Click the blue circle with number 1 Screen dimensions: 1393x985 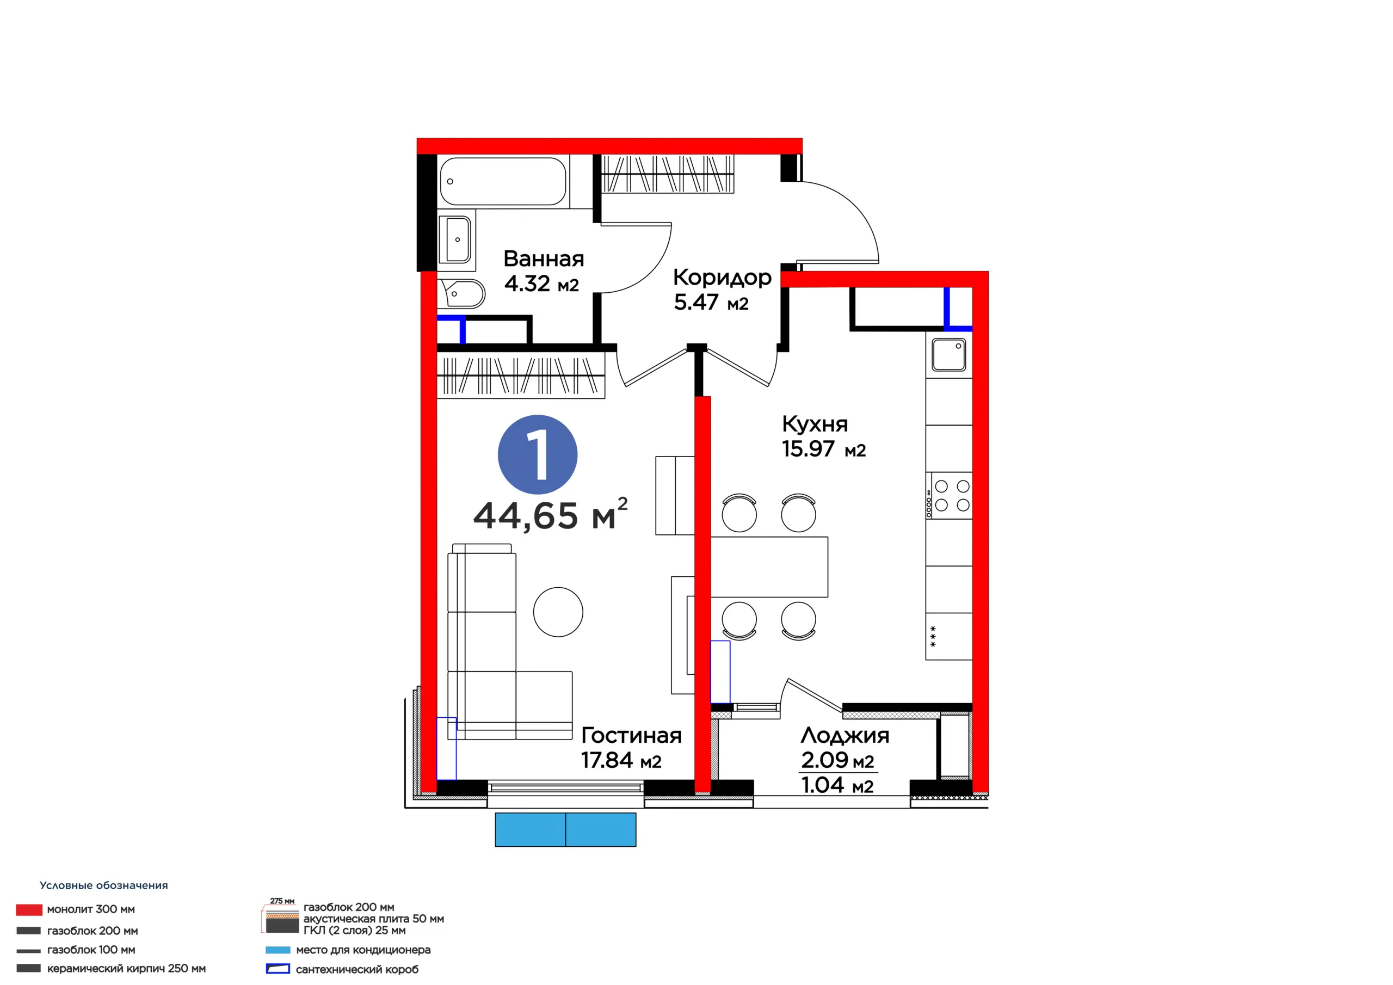tap(538, 454)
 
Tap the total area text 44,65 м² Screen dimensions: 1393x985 tap(550, 514)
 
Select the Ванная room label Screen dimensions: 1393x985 tap(544, 259)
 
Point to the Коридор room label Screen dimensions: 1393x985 tap(722, 278)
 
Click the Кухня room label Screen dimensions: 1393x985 tap(815, 423)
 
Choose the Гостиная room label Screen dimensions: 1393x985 tap(632, 736)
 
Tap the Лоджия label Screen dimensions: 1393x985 tap(845, 736)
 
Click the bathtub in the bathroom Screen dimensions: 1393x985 tap(503, 181)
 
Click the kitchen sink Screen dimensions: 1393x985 tap(949, 354)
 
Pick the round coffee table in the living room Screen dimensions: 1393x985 tap(558, 612)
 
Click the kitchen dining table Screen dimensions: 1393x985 tap(769, 567)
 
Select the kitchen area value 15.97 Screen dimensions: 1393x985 tap(808, 449)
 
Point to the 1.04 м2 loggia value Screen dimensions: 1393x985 tap(837, 785)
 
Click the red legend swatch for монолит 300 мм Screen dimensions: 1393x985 tap(29, 910)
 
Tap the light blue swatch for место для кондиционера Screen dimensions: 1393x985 tap(278, 950)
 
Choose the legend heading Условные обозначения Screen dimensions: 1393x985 tap(104, 885)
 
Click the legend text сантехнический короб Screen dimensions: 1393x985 tap(358, 969)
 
